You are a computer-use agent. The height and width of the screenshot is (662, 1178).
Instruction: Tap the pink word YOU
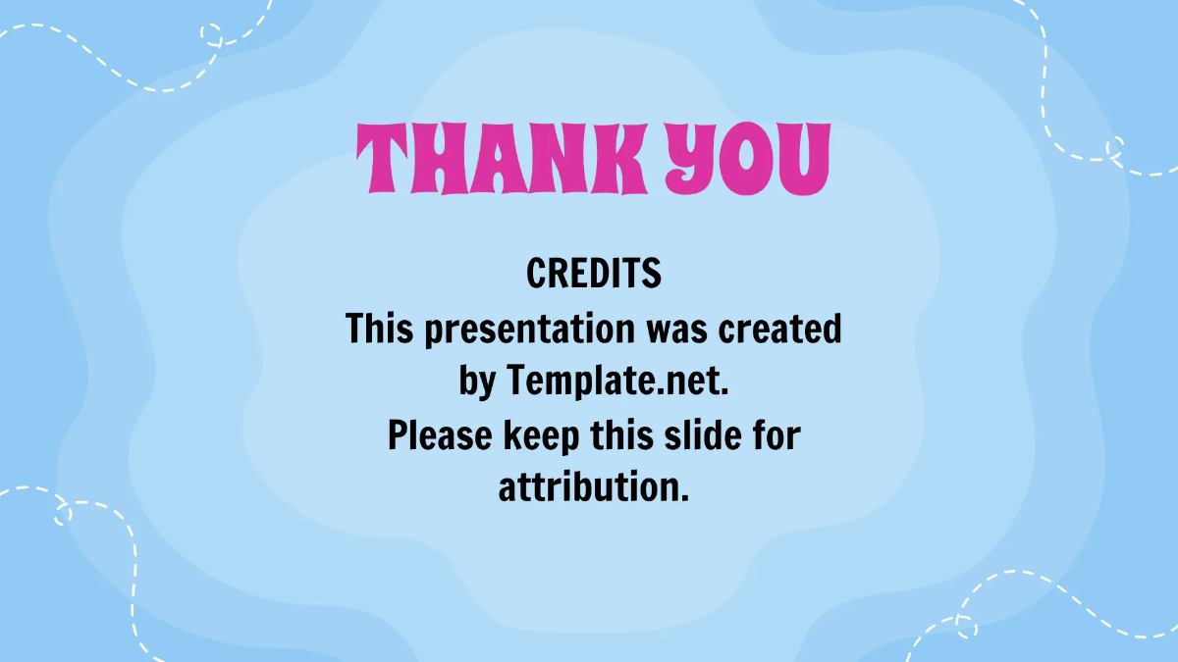[x=748, y=159]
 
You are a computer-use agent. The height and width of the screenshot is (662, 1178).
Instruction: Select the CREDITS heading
[x=594, y=274]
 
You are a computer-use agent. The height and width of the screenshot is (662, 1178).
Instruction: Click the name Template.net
[x=618, y=382]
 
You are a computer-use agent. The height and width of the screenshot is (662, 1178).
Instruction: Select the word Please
[x=441, y=435]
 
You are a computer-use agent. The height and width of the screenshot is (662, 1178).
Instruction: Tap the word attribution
[x=594, y=487]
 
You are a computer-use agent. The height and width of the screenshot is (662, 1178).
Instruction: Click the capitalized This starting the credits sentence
[x=376, y=330]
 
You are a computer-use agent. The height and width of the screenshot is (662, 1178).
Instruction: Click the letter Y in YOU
[x=691, y=159]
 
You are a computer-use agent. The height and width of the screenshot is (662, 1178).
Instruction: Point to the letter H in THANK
[x=444, y=159]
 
